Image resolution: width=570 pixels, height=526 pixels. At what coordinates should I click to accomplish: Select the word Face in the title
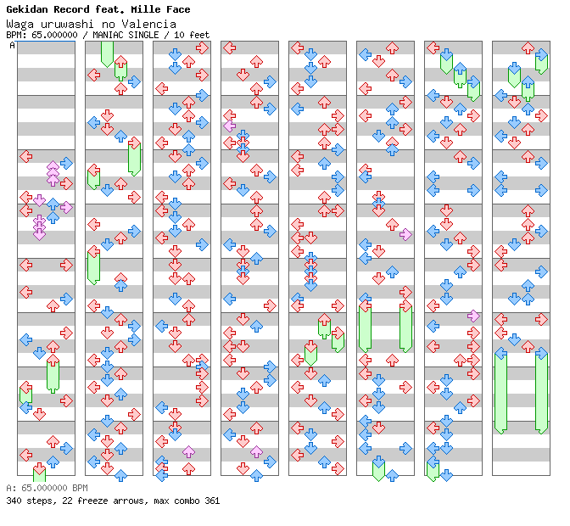point(178,9)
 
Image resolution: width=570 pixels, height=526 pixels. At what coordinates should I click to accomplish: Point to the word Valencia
point(148,25)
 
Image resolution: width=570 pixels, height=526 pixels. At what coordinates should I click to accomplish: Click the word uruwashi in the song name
point(67,25)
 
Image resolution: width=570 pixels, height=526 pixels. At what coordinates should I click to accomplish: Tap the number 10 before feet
point(178,35)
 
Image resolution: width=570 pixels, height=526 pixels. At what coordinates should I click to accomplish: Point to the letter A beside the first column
point(13,46)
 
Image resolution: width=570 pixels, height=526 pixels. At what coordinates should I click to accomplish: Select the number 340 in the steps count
point(14,501)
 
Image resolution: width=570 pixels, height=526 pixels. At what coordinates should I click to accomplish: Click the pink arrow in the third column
point(188,452)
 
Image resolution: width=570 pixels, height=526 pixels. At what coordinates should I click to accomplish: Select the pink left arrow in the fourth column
point(229,126)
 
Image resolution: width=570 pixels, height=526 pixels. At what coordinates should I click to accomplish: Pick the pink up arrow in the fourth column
point(256,452)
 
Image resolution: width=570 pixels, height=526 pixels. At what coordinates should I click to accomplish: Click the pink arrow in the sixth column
point(405,234)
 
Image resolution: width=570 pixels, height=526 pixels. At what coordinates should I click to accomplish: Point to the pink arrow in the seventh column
point(473,316)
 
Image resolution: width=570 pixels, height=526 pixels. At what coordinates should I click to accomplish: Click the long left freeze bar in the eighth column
point(500,393)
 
